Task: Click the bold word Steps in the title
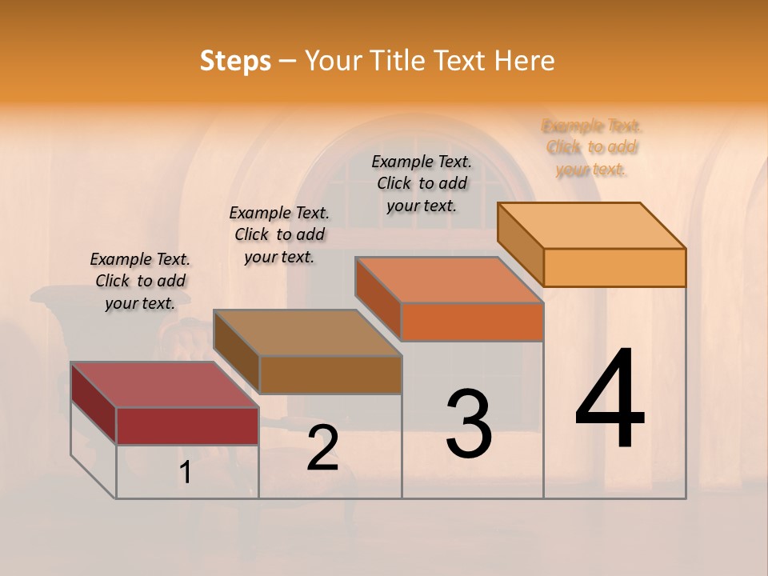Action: point(235,61)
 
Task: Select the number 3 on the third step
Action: point(469,424)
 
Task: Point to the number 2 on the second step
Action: point(322,449)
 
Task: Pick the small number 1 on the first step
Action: point(186,473)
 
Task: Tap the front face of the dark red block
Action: point(187,426)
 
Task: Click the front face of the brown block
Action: point(330,374)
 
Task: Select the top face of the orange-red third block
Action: point(448,280)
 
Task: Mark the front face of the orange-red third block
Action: point(472,322)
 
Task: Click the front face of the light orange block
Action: point(614,267)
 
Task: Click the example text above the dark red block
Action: point(140,281)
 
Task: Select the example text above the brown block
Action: point(279,234)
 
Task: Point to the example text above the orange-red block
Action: point(422,183)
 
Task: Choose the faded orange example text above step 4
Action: point(592,147)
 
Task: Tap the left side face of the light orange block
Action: point(520,243)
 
